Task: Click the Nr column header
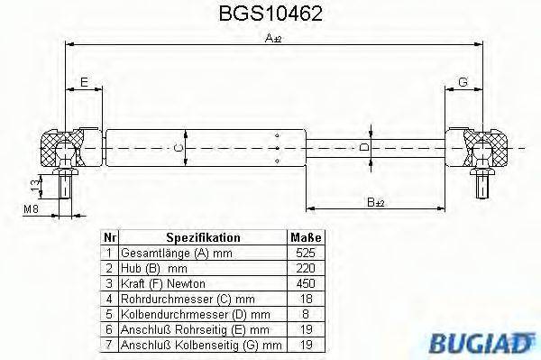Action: (108, 237)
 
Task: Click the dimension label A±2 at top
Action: (273, 38)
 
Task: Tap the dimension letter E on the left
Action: (84, 83)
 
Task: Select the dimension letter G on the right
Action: (463, 83)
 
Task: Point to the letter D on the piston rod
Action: (364, 146)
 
